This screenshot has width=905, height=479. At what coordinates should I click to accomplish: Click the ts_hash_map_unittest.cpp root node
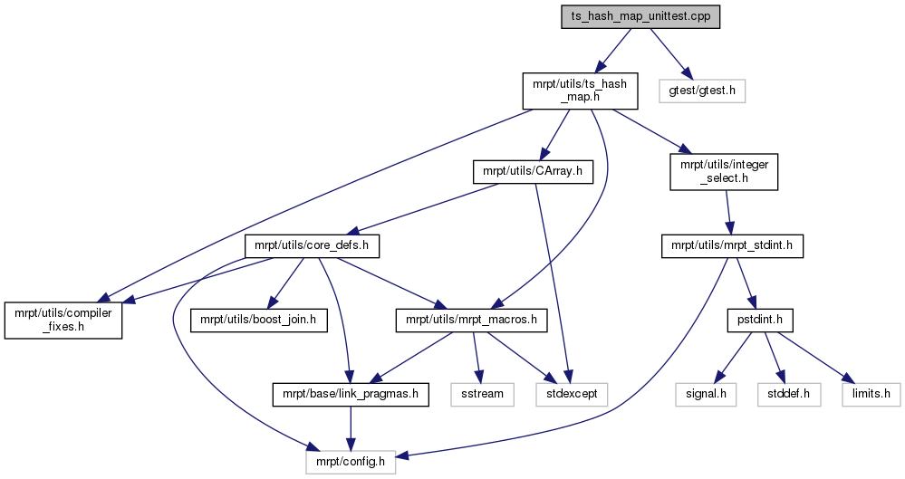pyautogui.click(x=640, y=16)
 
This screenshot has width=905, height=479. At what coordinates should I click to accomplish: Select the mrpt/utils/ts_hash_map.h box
pyautogui.click(x=580, y=91)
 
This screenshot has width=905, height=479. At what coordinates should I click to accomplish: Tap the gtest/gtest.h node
pyautogui.click(x=702, y=91)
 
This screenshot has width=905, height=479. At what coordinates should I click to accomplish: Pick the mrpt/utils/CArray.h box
pyautogui.click(x=533, y=172)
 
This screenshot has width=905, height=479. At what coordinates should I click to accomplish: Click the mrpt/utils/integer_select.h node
pyautogui.click(x=724, y=172)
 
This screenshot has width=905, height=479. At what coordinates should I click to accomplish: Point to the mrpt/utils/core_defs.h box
pyautogui.click(x=312, y=246)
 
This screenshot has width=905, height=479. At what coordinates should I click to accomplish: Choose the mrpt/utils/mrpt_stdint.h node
pyautogui.click(x=732, y=246)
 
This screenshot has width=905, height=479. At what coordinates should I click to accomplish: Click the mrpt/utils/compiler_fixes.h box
pyautogui.click(x=63, y=320)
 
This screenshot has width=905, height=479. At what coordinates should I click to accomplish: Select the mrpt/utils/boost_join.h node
pyautogui.click(x=258, y=320)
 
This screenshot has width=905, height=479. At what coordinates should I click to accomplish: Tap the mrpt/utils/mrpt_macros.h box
pyautogui.click(x=472, y=320)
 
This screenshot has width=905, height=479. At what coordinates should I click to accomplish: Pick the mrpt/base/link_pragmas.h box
pyautogui.click(x=351, y=394)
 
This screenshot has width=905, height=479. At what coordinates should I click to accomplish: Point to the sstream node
pyautogui.click(x=483, y=394)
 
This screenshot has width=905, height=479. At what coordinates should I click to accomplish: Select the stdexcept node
pyautogui.click(x=572, y=394)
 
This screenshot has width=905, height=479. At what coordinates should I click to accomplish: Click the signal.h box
pyautogui.click(x=706, y=394)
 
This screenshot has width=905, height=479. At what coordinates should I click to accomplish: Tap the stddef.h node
pyautogui.click(x=789, y=394)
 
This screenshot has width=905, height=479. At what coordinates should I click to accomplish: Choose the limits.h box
pyautogui.click(x=871, y=394)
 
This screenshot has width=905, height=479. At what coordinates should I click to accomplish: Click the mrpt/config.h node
pyautogui.click(x=351, y=463)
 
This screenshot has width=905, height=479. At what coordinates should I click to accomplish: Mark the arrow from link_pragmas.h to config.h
pyautogui.click(x=349, y=428)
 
